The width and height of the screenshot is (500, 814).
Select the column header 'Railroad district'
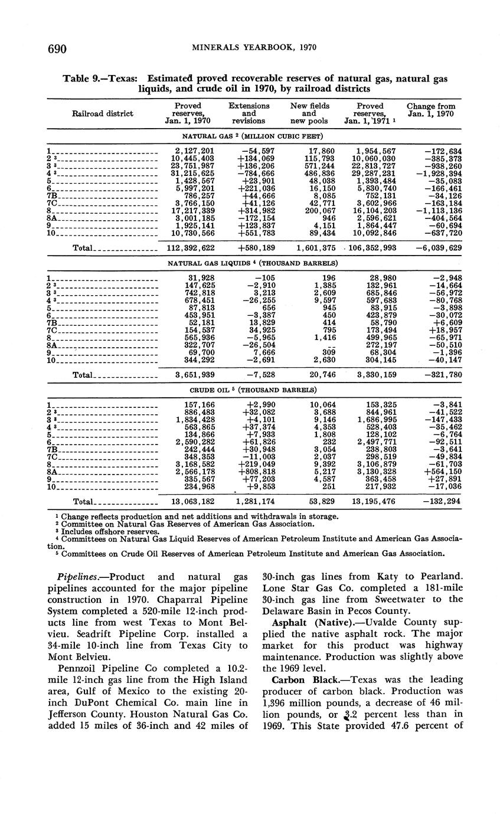point(102,113)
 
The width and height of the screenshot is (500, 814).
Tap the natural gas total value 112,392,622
point(191,248)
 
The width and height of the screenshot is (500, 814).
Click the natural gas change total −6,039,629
point(438,248)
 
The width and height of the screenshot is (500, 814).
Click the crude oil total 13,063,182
point(191,502)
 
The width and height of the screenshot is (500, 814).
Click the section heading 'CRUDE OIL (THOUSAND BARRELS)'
point(253,390)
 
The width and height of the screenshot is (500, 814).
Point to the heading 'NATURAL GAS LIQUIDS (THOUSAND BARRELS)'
point(253,262)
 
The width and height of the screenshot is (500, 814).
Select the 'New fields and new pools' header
point(309,113)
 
